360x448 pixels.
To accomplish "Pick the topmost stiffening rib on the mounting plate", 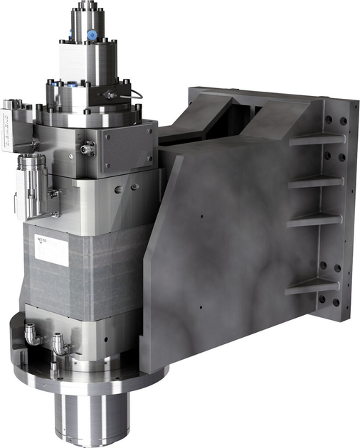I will coord(316,139).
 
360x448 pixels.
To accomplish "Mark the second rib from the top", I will coord(316,181).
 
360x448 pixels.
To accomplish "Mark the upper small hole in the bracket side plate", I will coord(201,215).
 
